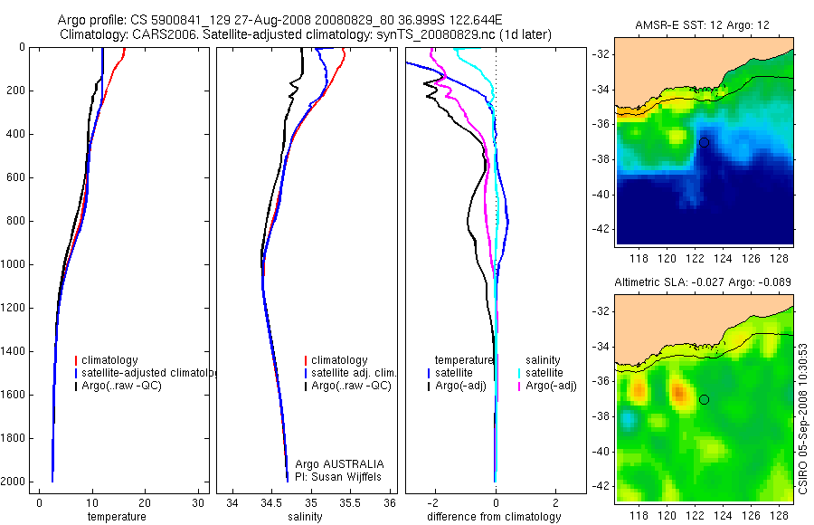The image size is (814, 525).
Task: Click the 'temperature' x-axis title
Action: coord(116,517)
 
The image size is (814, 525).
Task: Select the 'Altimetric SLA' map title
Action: coord(703,282)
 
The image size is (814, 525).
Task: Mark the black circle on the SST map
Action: coord(704,142)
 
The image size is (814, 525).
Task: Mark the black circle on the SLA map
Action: coord(704,399)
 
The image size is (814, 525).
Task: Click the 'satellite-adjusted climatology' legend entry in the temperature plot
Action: coord(146,373)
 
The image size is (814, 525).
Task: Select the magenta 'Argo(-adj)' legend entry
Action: coord(551,386)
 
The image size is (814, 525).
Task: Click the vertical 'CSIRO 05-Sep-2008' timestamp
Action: coord(803,417)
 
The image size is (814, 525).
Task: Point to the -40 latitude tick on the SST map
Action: coord(599,195)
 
